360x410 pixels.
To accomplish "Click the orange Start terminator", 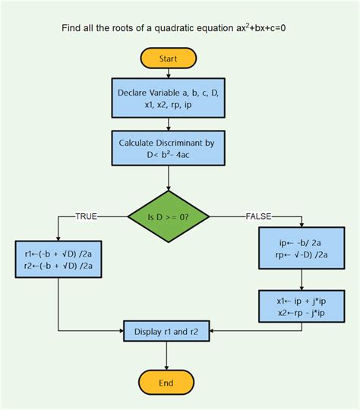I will coord(168,58).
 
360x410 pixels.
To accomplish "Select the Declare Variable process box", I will coord(169,98).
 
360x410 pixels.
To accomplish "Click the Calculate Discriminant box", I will coord(169,148).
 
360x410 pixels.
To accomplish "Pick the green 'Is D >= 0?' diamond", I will coord(169,217).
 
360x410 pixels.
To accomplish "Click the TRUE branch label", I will coord(85,216).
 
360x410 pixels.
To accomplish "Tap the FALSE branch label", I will coord(258,216).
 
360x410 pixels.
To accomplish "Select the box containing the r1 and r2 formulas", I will coord(58,260).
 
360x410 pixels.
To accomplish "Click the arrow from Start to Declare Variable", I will coord(169,73).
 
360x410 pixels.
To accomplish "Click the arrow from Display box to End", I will coord(168,356).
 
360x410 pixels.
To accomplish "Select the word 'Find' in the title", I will coord(73,29).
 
